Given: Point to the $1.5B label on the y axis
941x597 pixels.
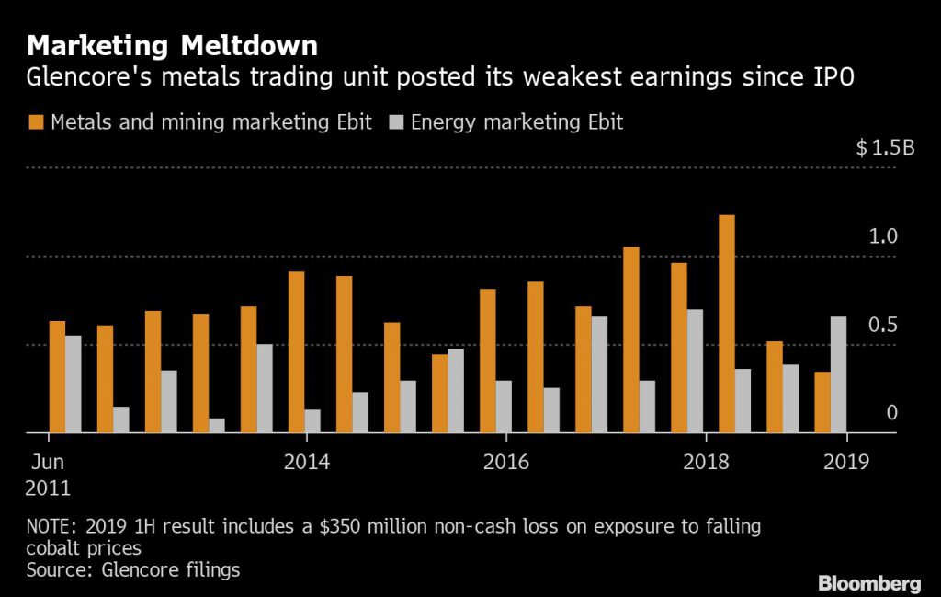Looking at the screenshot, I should (x=885, y=149).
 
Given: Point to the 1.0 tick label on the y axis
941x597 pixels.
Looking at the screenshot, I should (x=883, y=236).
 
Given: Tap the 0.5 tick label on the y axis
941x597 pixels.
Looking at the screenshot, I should (x=883, y=325).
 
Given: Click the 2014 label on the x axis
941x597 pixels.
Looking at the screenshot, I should (x=307, y=461).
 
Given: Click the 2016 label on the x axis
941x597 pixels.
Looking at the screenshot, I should (x=506, y=461).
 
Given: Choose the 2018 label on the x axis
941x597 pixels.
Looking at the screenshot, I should (x=705, y=461).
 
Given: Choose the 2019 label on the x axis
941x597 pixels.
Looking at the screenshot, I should (x=845, y=461).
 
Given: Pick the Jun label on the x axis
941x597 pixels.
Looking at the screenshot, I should (x=48, y=461).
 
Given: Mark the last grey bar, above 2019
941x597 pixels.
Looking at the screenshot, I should (x=838, y=374).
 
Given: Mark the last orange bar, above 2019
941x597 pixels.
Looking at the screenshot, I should (x=822, y=402).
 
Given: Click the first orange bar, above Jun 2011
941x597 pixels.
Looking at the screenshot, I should (x=57, y=377).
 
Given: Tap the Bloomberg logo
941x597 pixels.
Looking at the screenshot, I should (x=868, y=583).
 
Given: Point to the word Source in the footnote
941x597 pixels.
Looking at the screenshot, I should (x=58, y=570).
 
